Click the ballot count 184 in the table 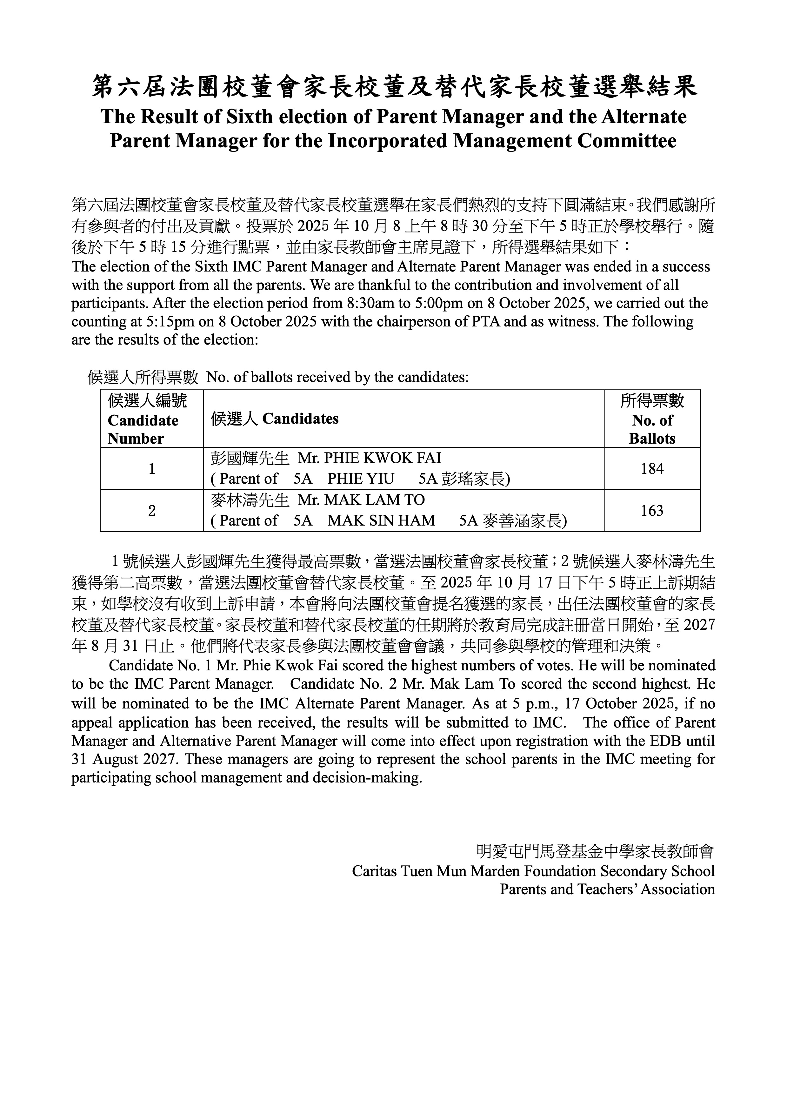(x=652, y=469)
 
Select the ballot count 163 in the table (x=652, y=510)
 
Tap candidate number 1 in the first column (x=152, y=469)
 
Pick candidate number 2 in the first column (x=152, y=510)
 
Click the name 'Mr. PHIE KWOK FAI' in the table (x=370, y=458)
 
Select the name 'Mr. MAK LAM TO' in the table (x=361, y=500)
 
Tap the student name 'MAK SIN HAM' (x=381, y=520)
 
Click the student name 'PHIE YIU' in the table (x=361, y=479)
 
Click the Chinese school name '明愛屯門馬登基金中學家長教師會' (x=596, y=851)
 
